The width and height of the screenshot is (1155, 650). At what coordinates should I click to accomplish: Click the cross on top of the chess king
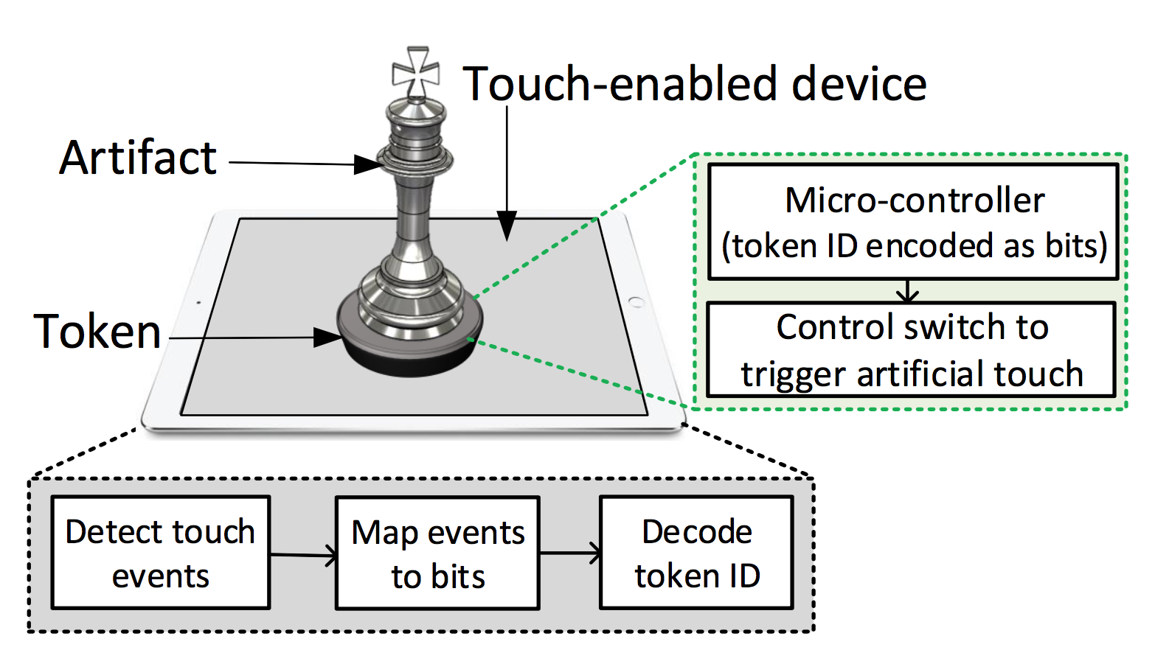[416, 72]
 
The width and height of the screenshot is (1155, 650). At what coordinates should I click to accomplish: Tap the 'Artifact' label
[138, 158]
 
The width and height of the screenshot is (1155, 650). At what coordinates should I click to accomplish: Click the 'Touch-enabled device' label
[694, 83]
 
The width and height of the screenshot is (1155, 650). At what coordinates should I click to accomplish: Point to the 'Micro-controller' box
[913, 222]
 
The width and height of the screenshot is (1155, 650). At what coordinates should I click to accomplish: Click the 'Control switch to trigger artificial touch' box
[911, 350]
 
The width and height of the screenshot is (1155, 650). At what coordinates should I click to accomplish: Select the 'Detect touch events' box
[160, 553]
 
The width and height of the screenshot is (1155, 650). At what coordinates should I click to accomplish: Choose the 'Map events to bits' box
[438, 553]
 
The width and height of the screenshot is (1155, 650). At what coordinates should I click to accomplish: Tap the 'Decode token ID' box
[696, 553]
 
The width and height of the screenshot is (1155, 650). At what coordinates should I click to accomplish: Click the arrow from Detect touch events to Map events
[304, 555]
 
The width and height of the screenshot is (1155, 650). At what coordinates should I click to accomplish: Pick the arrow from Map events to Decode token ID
[570, 553]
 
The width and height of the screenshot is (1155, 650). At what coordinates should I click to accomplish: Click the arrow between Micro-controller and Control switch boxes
[907, 291]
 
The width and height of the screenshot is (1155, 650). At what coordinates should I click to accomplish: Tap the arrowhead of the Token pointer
[327, 338]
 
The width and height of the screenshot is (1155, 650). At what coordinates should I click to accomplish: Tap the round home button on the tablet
[637, 302]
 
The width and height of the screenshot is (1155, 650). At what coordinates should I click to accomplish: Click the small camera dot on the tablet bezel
[198, 303]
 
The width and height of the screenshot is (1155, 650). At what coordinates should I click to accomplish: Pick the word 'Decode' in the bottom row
[696, 531]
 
